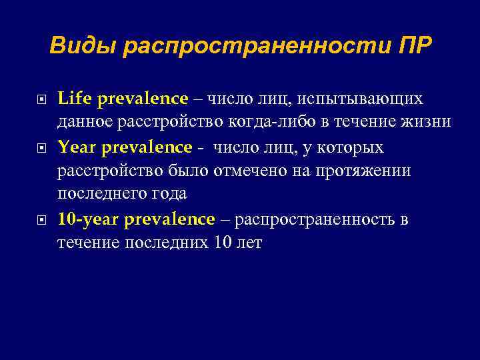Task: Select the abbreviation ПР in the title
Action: tap(413, 45)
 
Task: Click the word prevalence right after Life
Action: tap(143, 99)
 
